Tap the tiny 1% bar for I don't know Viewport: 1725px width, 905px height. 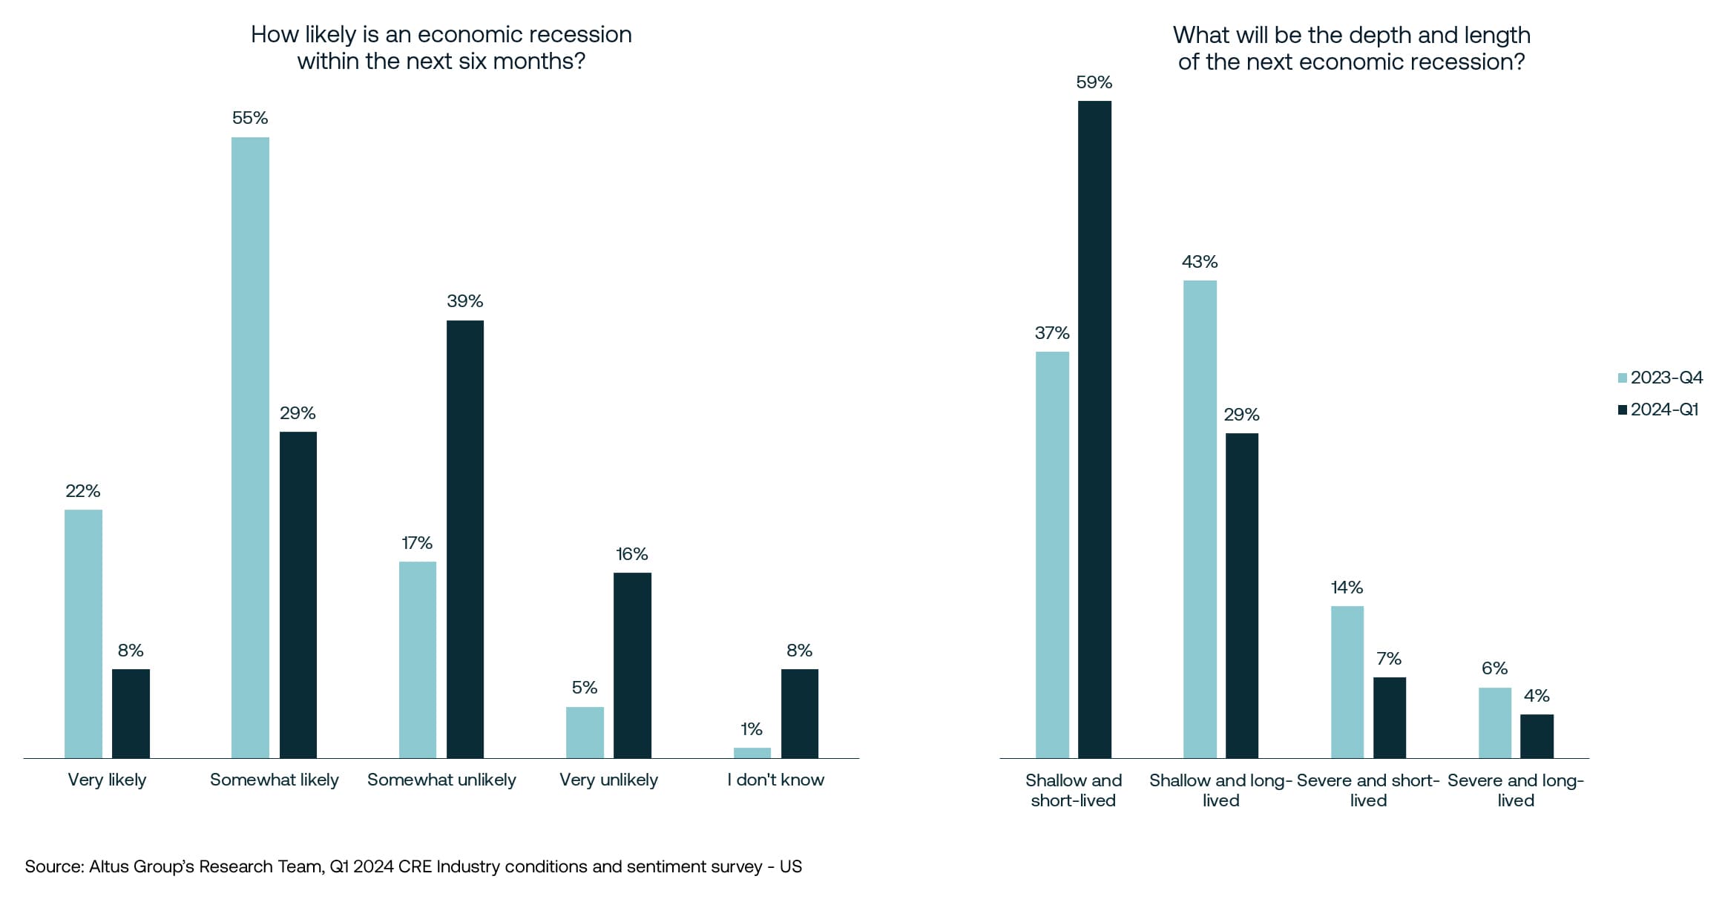(752, 752)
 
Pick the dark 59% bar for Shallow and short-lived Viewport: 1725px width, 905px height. (1094, 430)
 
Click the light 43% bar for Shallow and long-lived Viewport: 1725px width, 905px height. (1200, 519)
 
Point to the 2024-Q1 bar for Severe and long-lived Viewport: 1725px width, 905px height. (1537, 736)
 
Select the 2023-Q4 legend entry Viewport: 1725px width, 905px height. (1661, 378)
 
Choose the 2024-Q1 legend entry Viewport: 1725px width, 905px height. (1659, 409)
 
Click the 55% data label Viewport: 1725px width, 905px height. (250, 118)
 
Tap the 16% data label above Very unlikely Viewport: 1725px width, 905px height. (632, 554)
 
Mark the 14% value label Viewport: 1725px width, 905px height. (1347, 588)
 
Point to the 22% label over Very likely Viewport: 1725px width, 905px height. (83, 491)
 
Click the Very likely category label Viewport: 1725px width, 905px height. (108, 780)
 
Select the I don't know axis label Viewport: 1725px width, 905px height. (775, 780)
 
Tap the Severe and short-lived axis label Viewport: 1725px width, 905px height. (1368, 790)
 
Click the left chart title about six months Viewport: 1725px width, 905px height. (441, 47)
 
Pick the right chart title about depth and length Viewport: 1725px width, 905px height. (1351, 48)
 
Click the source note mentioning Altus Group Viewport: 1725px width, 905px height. (413, 866)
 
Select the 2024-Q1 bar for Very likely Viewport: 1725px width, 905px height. (131, 714)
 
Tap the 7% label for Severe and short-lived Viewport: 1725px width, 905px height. (1389, 659)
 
